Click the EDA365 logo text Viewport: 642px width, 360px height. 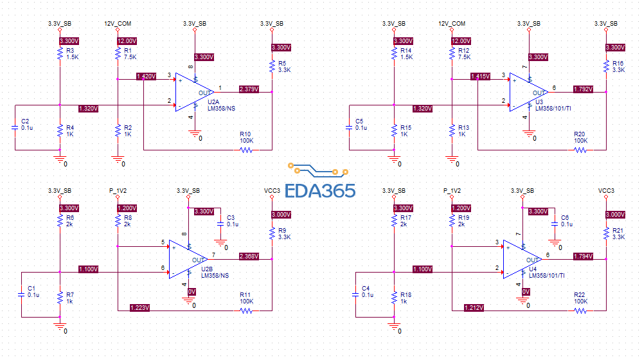[320, 191]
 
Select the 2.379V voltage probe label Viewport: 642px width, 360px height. [249, 89]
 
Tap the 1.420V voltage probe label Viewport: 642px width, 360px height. [146, 76]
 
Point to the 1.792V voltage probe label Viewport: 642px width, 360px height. [583, 89]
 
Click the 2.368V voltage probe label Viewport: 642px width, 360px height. [249, 256]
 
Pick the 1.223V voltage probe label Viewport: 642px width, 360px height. [139, 308]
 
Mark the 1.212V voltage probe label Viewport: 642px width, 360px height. [474, 308]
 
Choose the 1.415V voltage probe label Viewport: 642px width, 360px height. [480, 76]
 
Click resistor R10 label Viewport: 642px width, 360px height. [245, 134]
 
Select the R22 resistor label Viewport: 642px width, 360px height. [579, 294]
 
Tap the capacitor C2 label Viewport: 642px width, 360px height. [25, 121]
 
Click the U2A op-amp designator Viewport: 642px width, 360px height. [214, 102]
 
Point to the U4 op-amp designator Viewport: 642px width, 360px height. [533, 269]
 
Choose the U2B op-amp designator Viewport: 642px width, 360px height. [207, 269]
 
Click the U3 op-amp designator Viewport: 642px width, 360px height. [539, 102]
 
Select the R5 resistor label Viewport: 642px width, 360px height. [281, 63]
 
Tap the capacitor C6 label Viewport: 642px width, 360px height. [565, 217]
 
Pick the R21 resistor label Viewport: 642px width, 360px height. [618, 230]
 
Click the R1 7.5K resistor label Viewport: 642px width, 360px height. [127, 50]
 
